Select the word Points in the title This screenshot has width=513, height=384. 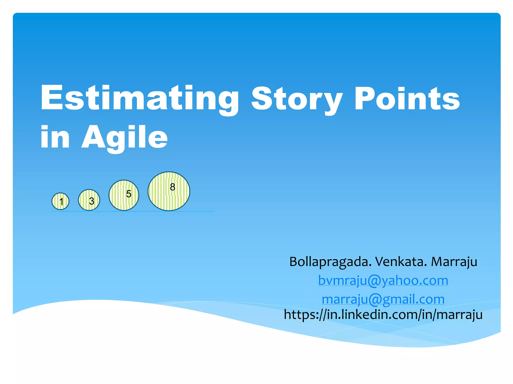pos(407,99)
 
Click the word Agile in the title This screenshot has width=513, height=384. pos(124,137)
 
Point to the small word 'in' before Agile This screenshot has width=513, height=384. pos(55,137)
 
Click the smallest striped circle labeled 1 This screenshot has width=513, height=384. pos(60,201)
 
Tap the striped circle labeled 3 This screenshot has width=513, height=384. pos(89,200)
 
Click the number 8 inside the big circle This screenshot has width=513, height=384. pos(172,187)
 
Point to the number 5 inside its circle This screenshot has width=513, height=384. pos(129,194)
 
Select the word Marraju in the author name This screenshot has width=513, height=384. pos(454,262)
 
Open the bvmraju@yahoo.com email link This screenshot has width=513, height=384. pos(383,280)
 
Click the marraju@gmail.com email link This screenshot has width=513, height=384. pos(383,299)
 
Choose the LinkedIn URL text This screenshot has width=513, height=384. pos(383,314)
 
